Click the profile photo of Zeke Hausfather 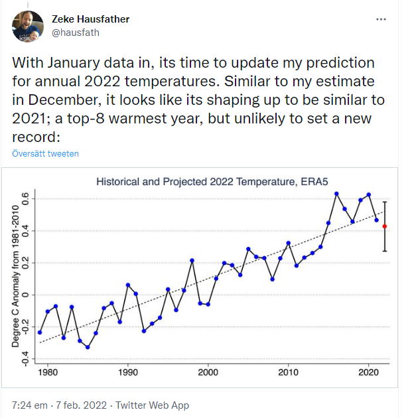[28, 26]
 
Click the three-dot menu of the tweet [381, 20]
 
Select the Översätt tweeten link [45, 153]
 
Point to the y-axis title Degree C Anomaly [15, 276]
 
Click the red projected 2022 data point [385, 226]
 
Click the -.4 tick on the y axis [25, 359]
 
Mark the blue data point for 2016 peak [336, 194]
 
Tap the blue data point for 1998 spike [192, 260]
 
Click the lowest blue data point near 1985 [88, 347]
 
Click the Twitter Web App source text [153, 405]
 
